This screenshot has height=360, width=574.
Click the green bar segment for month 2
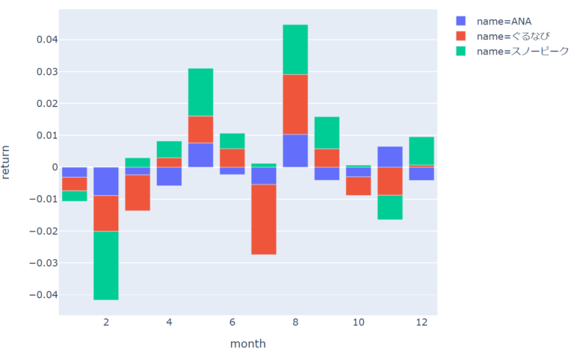(x=105, y=265)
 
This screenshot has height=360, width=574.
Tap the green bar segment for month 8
(x=295, y=49)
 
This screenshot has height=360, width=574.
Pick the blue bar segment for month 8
(x=295, y=150)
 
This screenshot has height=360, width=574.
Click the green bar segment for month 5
(x=200, y=92)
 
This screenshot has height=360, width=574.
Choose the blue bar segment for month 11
(x=389, y=157)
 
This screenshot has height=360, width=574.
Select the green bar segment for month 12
(x=422, y=151)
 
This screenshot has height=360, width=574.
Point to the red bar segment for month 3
(x=138, y=193)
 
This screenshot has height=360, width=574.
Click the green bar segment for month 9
(x=327, y=133)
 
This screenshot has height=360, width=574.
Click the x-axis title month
(x=247, y=344)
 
